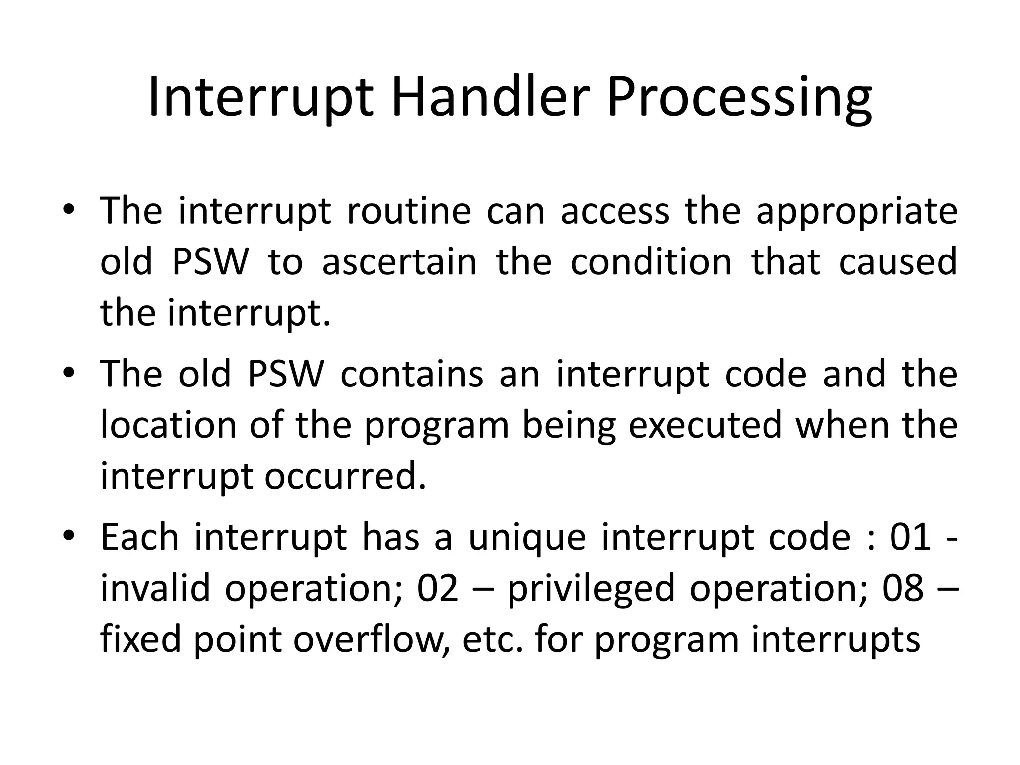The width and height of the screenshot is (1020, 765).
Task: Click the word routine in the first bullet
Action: point(408,211)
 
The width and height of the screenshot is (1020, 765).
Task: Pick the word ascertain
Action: point(399,262)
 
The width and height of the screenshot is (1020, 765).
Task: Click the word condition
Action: point(651,262)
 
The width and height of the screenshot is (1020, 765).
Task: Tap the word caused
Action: point(898,262)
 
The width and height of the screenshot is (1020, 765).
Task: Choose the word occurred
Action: point(345,477)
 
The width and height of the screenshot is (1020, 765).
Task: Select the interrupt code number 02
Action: point(438,588)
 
